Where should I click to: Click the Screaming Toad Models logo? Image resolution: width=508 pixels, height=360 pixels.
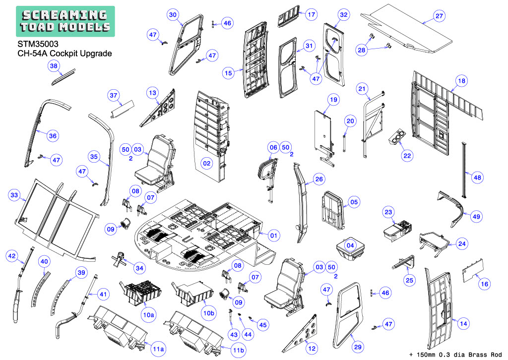tap(65, 21)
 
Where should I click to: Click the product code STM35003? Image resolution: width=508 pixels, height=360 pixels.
tap(38, 44)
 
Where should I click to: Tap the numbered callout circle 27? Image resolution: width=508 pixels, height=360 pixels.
tap(439, 15)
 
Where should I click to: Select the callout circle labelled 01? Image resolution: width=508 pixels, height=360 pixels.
tap(274, 236)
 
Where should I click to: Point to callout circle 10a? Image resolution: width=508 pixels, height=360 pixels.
tap(149, 314)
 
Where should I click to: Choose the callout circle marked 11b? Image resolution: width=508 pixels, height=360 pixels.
tap(239, 350)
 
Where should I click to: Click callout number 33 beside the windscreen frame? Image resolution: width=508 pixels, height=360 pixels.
tap(14, 195)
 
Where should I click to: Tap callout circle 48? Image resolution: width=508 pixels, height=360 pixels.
tap(477, 178)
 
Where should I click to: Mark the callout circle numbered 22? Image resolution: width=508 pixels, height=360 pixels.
tap(407, 156)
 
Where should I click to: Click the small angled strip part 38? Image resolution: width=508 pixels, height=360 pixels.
tap(63, 76)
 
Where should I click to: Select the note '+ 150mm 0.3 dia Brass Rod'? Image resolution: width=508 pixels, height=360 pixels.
tap(455, 355)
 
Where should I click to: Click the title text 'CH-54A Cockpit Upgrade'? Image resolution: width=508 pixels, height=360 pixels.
tap(64, 54)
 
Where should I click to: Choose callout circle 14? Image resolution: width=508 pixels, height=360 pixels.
tap(464, 323)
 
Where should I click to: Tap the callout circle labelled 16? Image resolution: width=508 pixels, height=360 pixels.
tap(484, 284)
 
